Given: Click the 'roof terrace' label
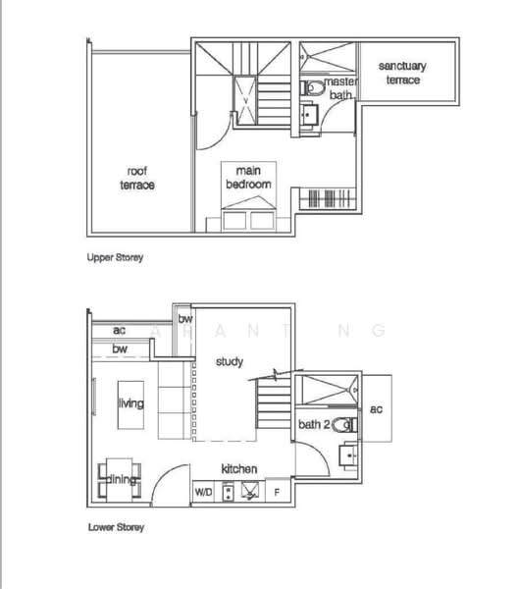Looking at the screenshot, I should [x=137, y=178].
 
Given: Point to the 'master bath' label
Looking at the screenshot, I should [x=340, y=89].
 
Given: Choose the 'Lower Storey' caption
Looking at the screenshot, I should [x=116, y=527].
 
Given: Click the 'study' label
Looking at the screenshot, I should [x=230, y=362].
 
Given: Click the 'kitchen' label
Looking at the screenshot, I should [x=239, y=468].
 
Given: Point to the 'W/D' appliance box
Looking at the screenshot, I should [x=204, y=491].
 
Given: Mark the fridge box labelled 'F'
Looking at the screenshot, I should [x=278, y=491].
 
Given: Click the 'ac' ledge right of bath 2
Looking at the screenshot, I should [x=377, y=408].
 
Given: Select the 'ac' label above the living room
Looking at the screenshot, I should [x=120, y=331].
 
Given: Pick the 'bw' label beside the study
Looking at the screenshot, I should [x=184, y=317].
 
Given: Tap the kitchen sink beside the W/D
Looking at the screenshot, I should [x=249, y=491].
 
